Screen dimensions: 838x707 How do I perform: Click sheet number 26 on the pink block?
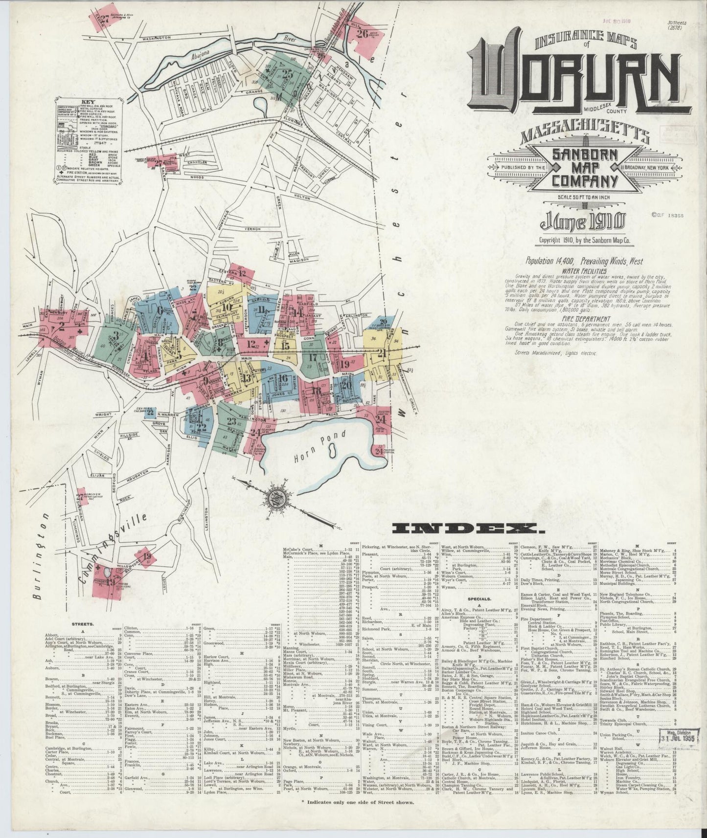363,34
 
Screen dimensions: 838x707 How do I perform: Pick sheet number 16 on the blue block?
282,377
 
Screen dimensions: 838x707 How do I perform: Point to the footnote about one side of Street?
358,816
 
